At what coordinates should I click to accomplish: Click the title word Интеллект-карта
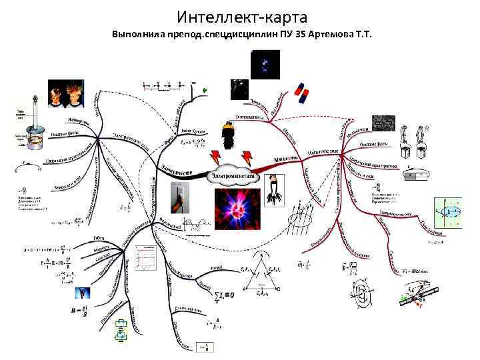pos(243,15)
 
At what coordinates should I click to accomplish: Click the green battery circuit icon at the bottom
pos(121,330)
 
